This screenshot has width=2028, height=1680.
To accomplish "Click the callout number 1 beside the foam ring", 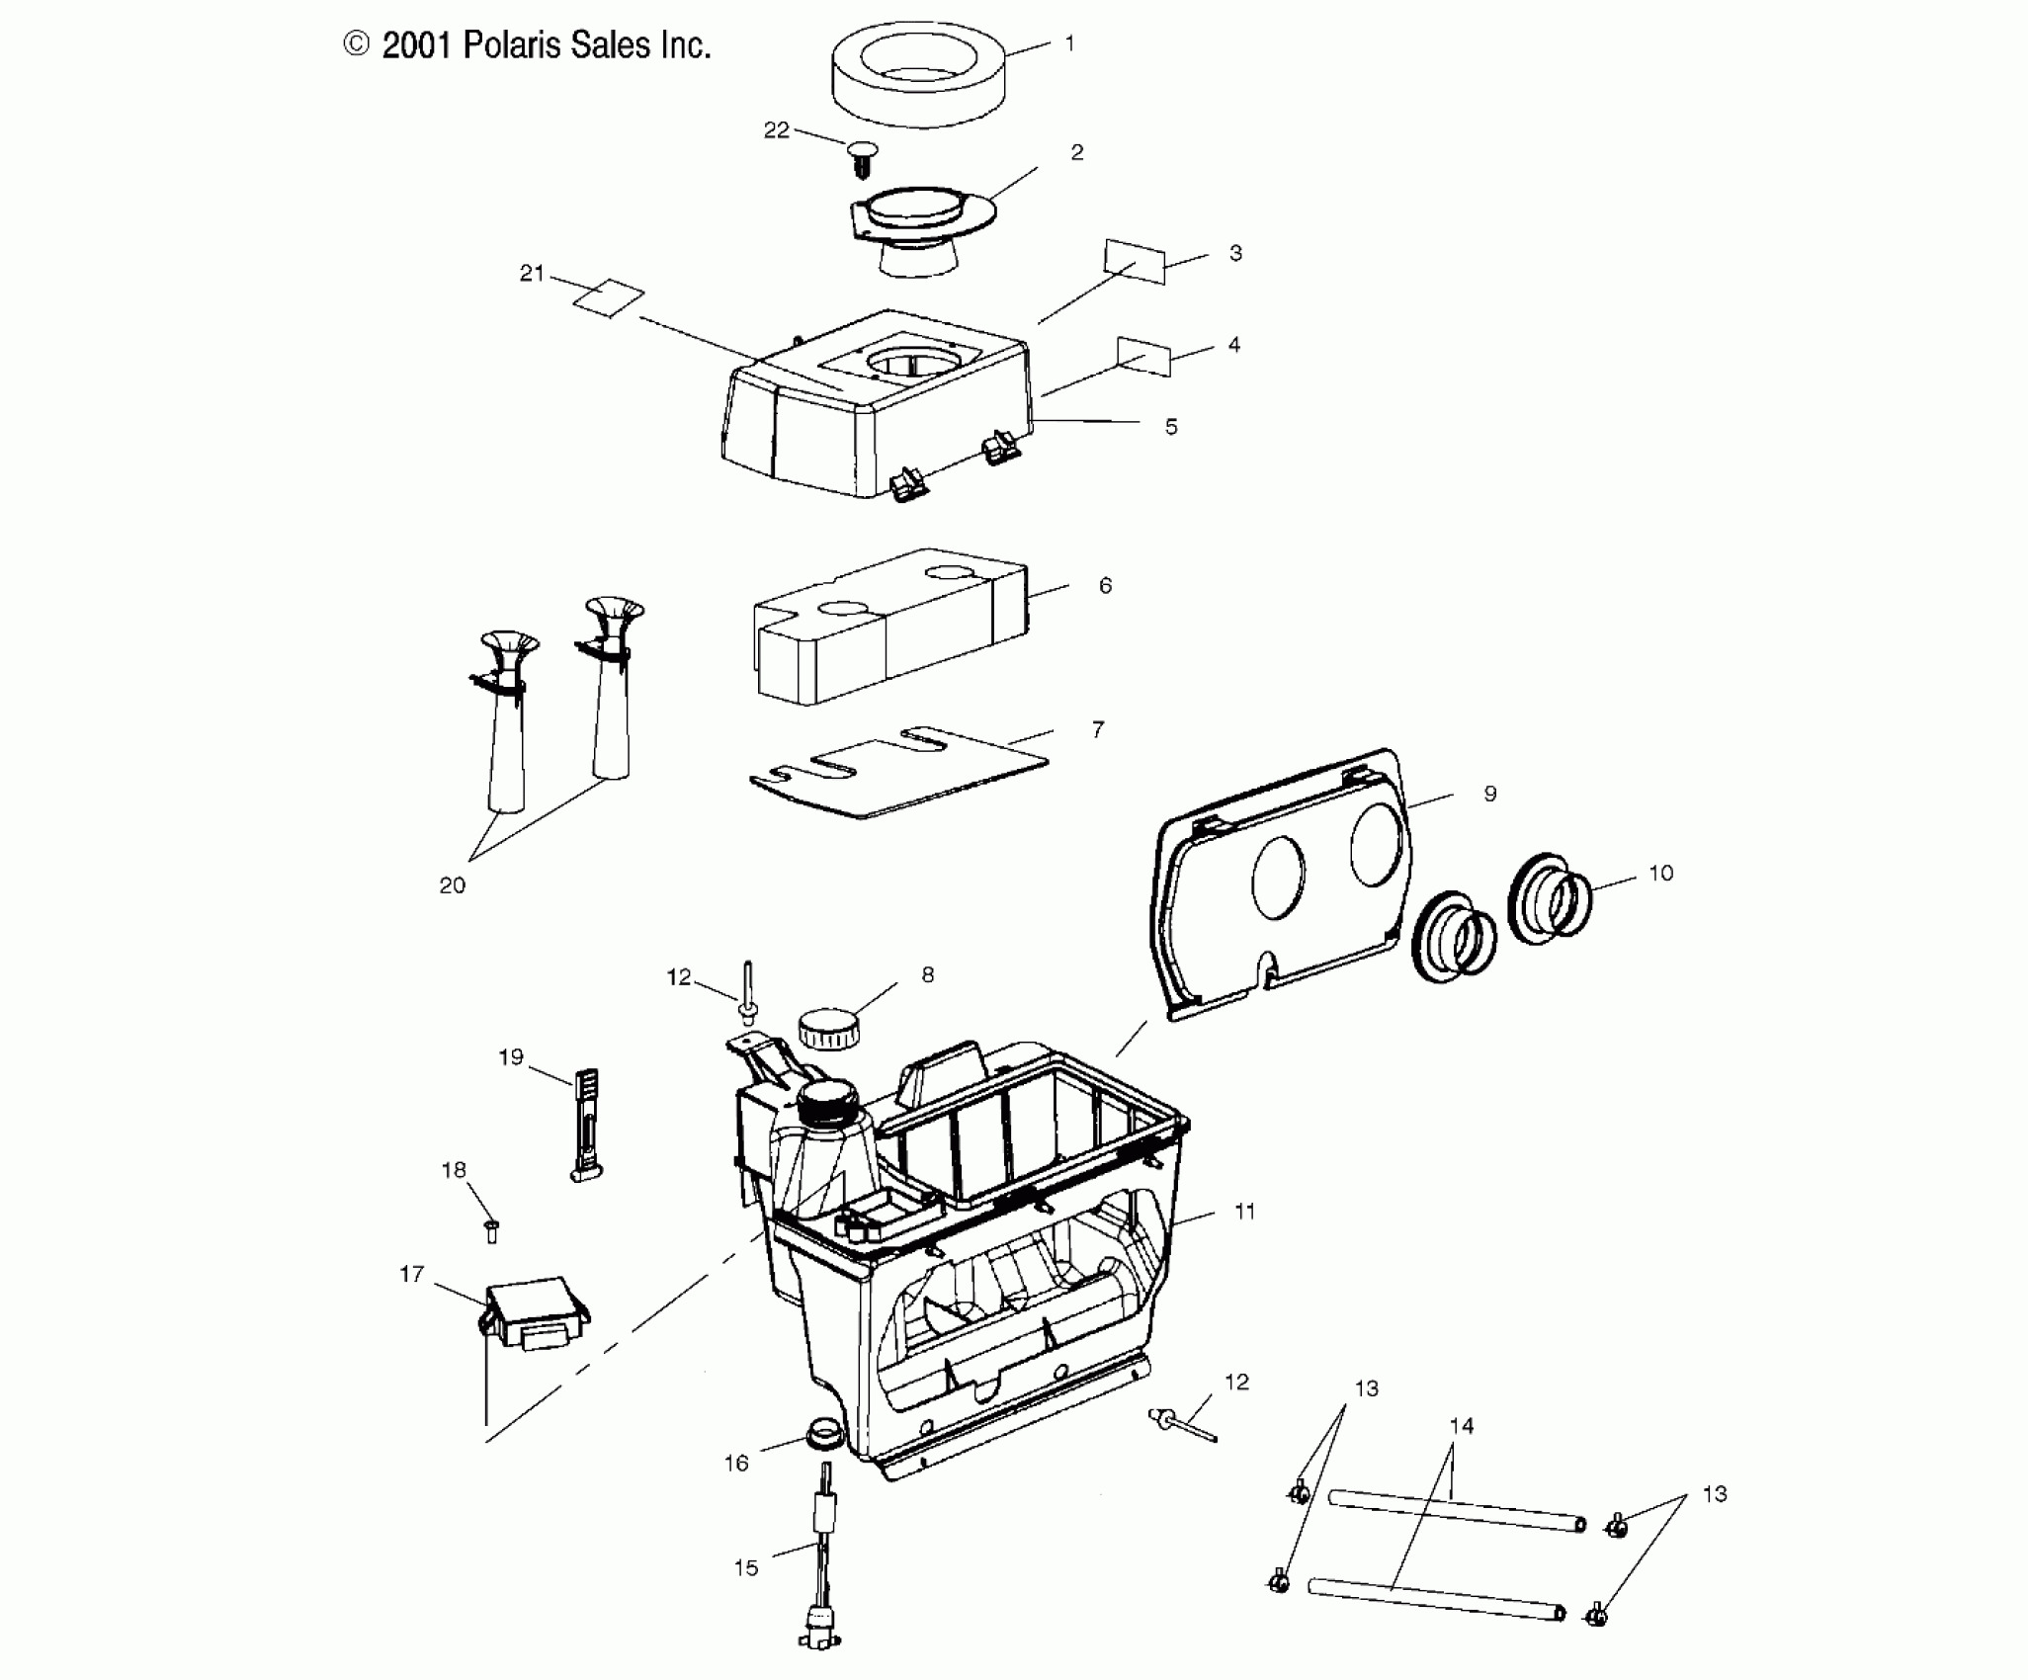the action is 1069,44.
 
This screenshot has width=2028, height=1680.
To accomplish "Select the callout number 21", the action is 532,274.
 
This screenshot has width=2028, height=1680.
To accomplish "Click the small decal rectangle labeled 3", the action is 1135,260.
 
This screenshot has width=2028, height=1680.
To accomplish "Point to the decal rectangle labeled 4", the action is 1143,356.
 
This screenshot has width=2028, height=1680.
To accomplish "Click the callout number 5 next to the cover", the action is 1170,427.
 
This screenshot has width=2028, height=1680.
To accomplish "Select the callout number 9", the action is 1490,794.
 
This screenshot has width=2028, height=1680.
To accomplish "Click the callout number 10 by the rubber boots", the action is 1660,873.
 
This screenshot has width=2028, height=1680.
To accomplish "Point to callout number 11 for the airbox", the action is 1244,1211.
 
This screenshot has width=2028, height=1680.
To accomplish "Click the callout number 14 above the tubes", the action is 1461,1426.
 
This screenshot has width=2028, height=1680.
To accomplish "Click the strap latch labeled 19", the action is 586,1127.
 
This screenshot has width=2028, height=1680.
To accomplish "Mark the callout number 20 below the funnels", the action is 452,885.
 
